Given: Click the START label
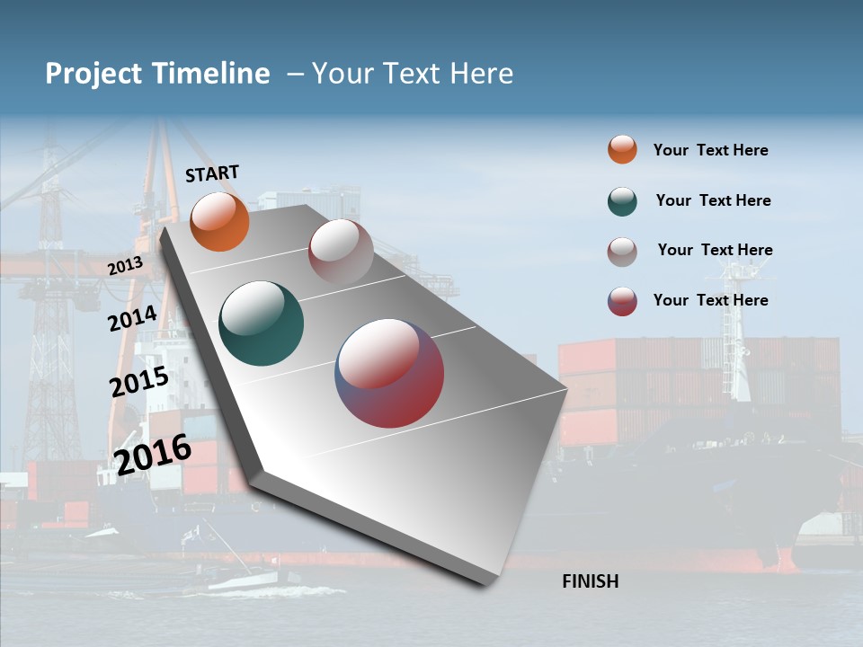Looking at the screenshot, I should (212, 173).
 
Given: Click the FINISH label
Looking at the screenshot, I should (590, 581).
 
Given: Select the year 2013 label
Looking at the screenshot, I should (125, 266).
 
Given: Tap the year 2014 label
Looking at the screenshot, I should (132, 318).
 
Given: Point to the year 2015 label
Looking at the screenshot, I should (138, 382).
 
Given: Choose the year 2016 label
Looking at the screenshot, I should (153, 454).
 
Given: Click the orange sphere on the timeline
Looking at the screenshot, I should (219, 222).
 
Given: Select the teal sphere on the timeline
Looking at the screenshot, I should (261, 323).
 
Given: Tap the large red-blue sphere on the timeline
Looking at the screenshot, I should (389, 373).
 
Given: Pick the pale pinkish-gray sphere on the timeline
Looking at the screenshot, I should (341, 251).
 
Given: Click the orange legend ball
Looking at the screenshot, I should (622, 149).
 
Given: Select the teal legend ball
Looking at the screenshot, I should (622, 201).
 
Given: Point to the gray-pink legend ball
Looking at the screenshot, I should (622, 252).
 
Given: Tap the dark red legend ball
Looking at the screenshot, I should (622, 301).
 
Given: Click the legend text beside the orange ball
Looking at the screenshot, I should (710, 150).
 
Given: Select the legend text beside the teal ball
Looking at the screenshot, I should (713, 200).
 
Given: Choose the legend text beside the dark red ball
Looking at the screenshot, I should (710, 300).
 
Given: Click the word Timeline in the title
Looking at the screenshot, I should (210, 74).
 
